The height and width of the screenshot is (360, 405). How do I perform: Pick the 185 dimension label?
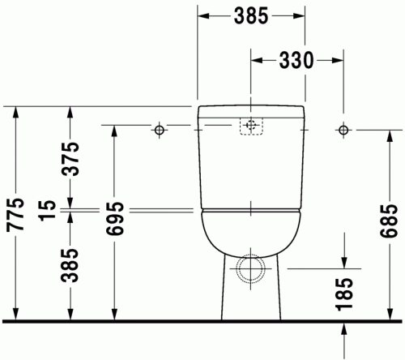pos(344,294)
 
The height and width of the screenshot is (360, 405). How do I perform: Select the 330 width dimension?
pos(295,60)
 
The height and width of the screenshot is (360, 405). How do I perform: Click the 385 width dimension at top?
pos(251,15)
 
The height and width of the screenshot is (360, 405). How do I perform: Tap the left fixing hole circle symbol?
pos(160,130)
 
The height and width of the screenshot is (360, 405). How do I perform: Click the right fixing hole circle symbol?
pos(344,130)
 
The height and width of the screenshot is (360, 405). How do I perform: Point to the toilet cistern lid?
pos(251,109)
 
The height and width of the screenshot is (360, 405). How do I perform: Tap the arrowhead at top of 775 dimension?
pos(15,113)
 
